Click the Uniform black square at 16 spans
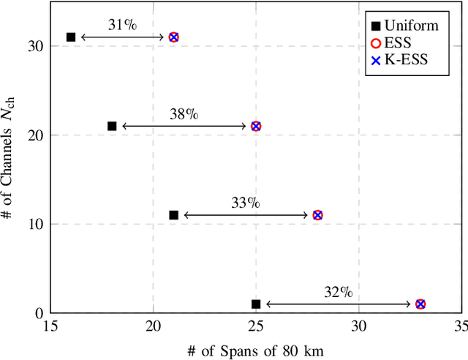(71, 37)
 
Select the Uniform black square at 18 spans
(112, 126)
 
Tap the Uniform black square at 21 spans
(173, 215)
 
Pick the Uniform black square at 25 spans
(256, 304)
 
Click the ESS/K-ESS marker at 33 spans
(420, 304)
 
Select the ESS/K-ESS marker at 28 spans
(317, 215)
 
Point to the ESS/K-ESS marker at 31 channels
(173, 37)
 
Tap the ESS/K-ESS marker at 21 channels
(256, 126)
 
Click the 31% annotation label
(122, 25)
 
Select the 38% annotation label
(184, 114)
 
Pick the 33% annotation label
(245, 203)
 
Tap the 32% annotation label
(338, 292)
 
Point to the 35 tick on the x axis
(461, 326)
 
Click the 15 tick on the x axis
(50, 326)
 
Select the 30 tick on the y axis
(36, 46)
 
